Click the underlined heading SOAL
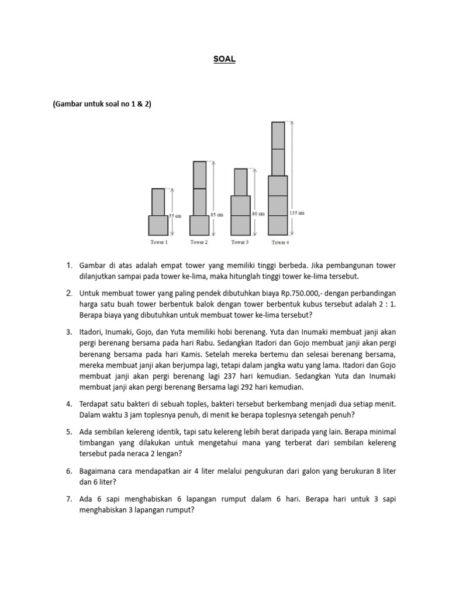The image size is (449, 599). click(224, 60)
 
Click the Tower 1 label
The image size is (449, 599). click(158, 242)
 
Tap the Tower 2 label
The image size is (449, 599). click(199, 242)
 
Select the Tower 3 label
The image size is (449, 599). click(240, 242)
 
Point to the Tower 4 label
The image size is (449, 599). click(280, 242)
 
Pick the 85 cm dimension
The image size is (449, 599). click(217, 215)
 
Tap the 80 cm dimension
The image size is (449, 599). click(258, 214)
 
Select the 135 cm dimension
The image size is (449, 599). click(298, 214)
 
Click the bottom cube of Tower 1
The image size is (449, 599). click(158, 225)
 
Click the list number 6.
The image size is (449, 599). click(68, 471)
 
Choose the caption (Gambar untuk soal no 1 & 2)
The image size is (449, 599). click(102, 105)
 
